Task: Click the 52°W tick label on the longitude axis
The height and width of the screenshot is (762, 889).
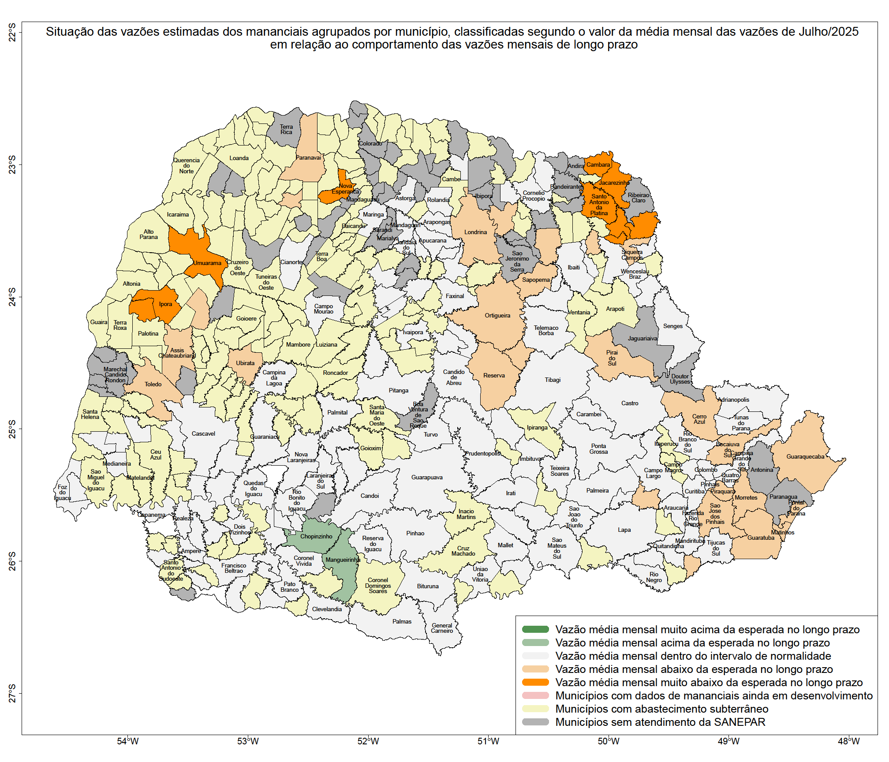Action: click(x=368, y=741)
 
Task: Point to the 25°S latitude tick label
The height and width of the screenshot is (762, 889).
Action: click(x=12, y=429)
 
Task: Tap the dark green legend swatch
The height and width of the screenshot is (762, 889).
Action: click(x=535, y=629)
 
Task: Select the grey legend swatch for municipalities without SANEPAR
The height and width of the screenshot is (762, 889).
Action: click(x=535, y=722)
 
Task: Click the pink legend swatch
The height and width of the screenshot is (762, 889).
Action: click(x=535, y=695)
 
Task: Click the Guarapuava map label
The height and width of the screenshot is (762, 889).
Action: click(x=427, y=477)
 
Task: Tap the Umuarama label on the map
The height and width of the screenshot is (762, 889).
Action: click(x=207, y=263)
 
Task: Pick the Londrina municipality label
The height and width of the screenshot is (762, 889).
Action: click(x=475, y=232)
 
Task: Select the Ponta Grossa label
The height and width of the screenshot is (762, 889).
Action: click(x=598, y=449)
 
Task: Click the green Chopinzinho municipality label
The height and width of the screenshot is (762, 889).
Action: click(x=316, y=537)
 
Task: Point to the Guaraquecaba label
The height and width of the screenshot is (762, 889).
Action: click(x=805, y=456)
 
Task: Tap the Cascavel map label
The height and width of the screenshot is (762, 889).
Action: click(x=203, y=433)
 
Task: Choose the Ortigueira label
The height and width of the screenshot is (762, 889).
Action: click(x=497, y=315)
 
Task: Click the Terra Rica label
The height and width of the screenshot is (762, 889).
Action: click(x=286, y=129)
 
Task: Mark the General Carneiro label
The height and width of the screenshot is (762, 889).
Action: click(x=442, y=628)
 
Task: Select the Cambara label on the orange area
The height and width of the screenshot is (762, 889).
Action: click(x=598, y=164)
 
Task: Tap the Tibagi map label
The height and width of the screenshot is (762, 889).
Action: click(x=553, y=380)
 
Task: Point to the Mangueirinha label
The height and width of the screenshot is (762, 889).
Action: click(x=343, y=560)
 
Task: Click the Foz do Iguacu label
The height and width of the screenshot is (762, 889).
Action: click(x=63, y=493)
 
